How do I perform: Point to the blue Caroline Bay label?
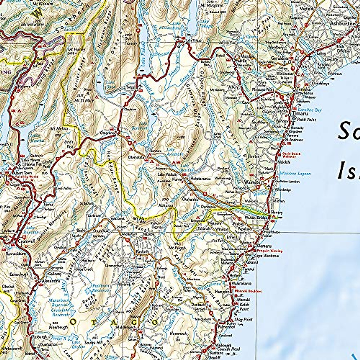(310, 110)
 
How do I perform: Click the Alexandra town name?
(49, 281)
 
